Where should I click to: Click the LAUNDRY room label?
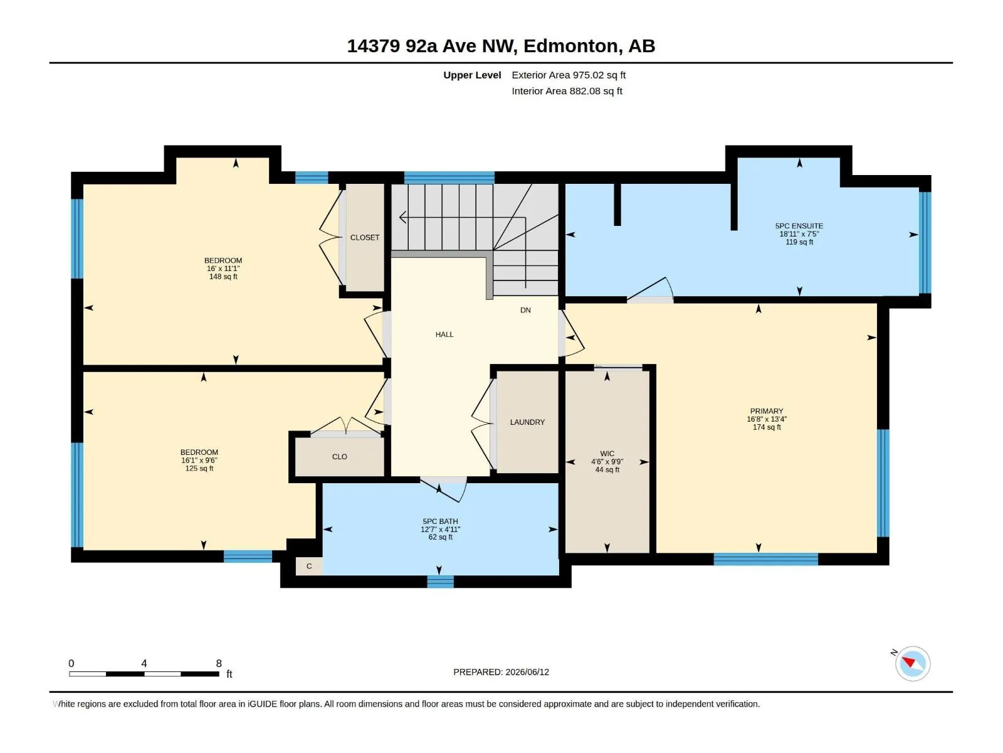(527, 422)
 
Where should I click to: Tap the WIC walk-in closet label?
(607, 454)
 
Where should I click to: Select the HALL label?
(444, 334)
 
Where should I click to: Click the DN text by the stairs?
(525, 310)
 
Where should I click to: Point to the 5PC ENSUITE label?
(799, 226)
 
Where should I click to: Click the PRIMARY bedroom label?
(766, 411)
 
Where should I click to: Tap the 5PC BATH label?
(440, 521)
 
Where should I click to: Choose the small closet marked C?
(309, 566)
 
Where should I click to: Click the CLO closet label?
(340, 457)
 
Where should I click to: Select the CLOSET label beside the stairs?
(365, 238)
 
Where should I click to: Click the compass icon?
(913, 663)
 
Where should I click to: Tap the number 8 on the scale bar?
(219, 663)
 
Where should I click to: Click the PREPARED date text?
(501, 672)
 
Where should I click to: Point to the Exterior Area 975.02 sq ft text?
(569, 75)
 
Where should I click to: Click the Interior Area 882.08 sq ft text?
(567, 91)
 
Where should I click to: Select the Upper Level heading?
(472, 75)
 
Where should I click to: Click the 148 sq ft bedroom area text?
(223, 277)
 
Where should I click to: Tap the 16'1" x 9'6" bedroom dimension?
(199, 461)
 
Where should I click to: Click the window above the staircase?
(449, 178)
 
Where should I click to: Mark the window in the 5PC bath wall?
(440, 582)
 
